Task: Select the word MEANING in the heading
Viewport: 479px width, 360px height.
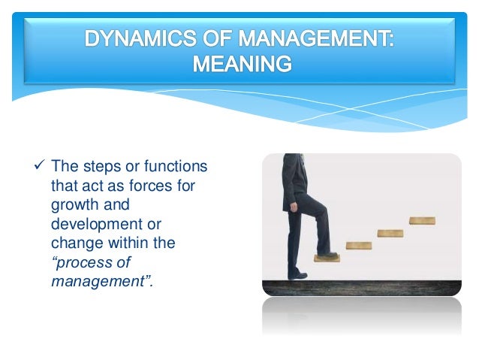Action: coord(240,64)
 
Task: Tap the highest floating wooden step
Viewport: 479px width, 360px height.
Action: coord(422,221)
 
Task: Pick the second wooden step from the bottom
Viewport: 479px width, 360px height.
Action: coord(358,246)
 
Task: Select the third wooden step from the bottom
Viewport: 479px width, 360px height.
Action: coord(390,233)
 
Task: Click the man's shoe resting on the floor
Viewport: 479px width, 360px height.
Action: coord(297,274)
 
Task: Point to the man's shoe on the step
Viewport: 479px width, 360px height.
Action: coord(327,253)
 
